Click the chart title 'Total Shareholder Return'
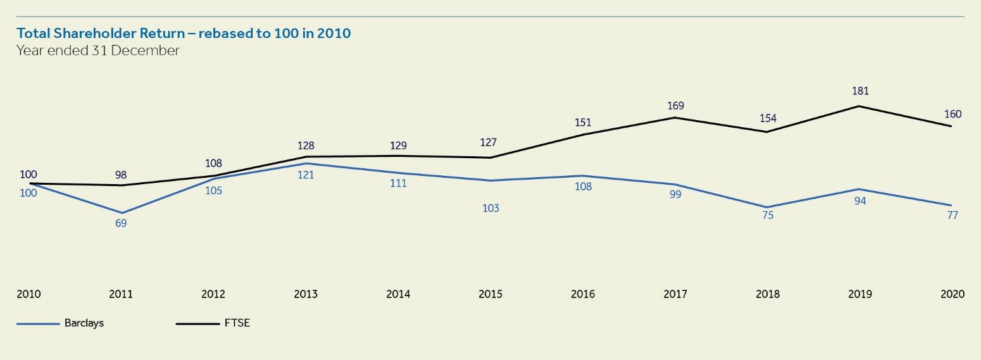[x=184, y=33]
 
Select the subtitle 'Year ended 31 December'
[x=98, y=51]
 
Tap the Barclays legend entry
[x=84, y=323]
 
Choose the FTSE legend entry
[x=237, y=323]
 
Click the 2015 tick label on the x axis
[x=490, y=294]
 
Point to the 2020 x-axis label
[x=952, y=294]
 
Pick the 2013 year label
[x=306, y=294]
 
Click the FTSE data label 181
[x=860, y=91]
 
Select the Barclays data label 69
[x=121, y=223]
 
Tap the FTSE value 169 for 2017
[x=675, y=106]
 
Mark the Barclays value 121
[x=306, y=175]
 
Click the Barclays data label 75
[x=768, y=216]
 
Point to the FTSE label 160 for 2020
[x=952, y=115]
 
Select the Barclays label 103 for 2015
[x=490, y=208]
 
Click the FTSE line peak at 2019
[x=859, y=106]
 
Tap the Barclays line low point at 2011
[x=122, y=213]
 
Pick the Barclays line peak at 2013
[x=306, y=164]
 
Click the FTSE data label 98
[x=121, y=174]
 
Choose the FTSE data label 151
[x=583, y=123]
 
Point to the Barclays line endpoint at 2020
[x=951, y=205]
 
